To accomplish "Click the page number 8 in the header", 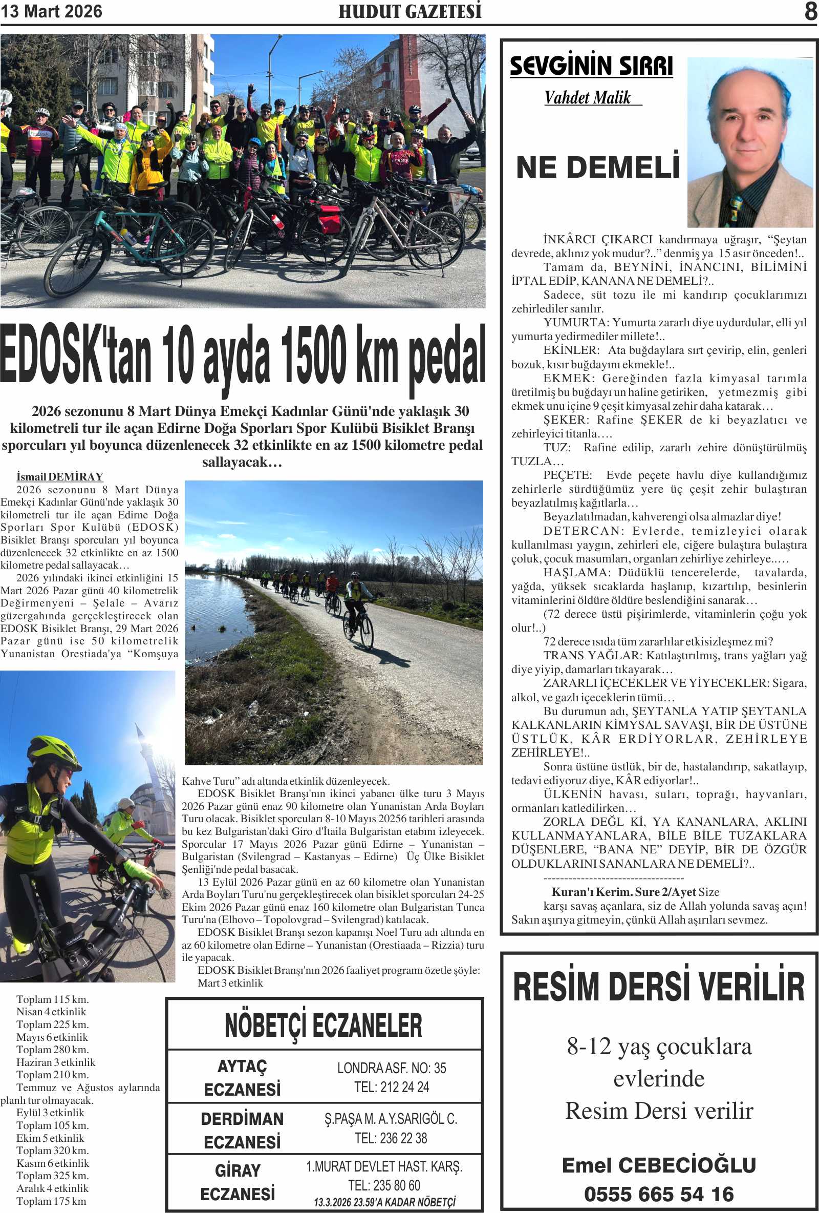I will [810, 11].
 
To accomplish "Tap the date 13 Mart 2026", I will [51, 11].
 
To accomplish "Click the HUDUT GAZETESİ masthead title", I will [409, 11].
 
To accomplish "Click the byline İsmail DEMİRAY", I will [59, 476].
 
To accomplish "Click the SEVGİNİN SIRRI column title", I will [591, 66].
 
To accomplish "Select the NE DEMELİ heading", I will [598, 168].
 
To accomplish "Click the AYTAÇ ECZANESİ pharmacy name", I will [242, 1077].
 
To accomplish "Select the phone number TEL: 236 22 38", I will [391, 1138].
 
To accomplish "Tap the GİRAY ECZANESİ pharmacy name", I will [238, 1182].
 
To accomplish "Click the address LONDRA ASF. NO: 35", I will [391, 1068].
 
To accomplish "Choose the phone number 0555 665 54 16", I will [659, 1194].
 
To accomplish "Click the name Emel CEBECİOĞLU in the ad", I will [659, 1165].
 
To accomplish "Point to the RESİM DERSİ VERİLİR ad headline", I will [659, 987].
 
